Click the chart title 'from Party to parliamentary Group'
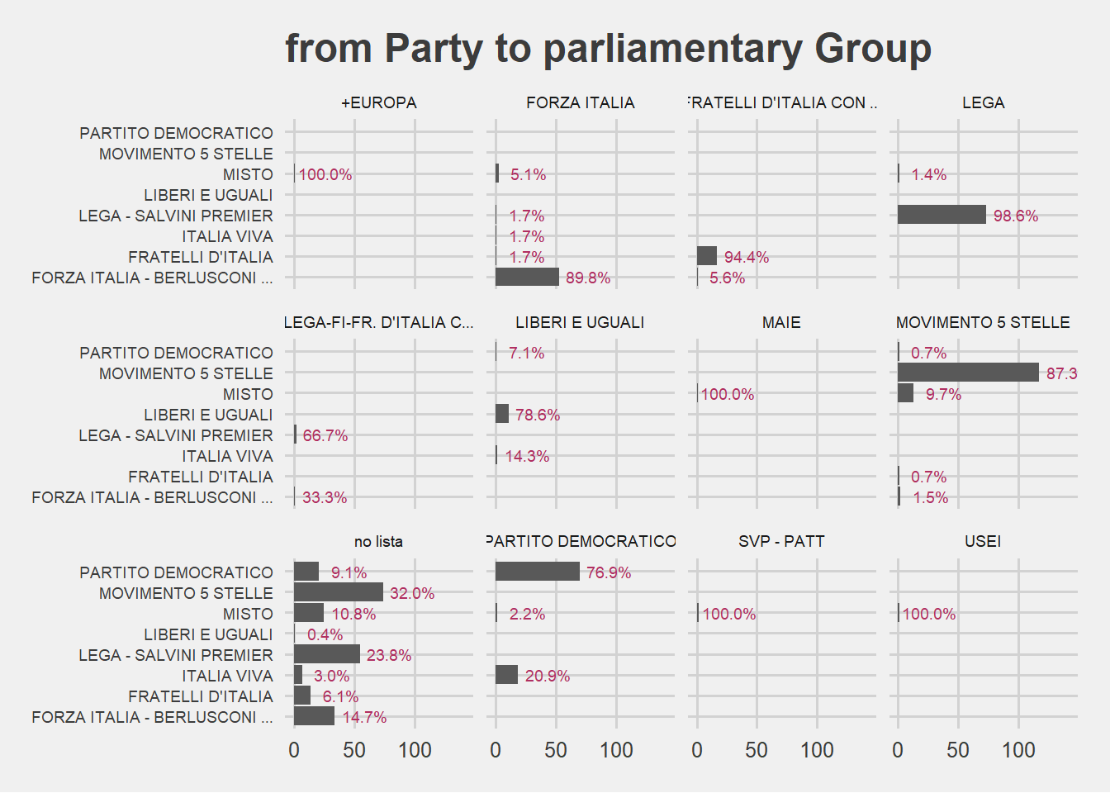[608, 49]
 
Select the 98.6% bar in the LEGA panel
[942, 215]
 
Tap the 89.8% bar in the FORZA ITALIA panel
[527, 277]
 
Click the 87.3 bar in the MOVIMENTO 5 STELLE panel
[968, 373]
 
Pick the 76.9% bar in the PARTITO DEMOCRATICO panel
[537, 572]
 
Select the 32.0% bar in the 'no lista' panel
[339, 592]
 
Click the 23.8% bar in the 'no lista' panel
[327, 654]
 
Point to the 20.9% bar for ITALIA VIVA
[506, 675]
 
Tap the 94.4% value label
[746, 257]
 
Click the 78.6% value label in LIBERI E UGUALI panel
[537, 415]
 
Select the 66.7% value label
[325, 435]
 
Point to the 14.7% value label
[364, 717]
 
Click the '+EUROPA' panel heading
[378, 102]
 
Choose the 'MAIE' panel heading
[781, 322]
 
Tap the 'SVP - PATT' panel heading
[781, 541]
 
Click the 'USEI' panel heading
[983, 541]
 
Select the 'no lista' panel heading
[378, 542]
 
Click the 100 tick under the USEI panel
[1018, 750]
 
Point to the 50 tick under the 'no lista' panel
[354, 750]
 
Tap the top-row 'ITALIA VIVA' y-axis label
[227, 236]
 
